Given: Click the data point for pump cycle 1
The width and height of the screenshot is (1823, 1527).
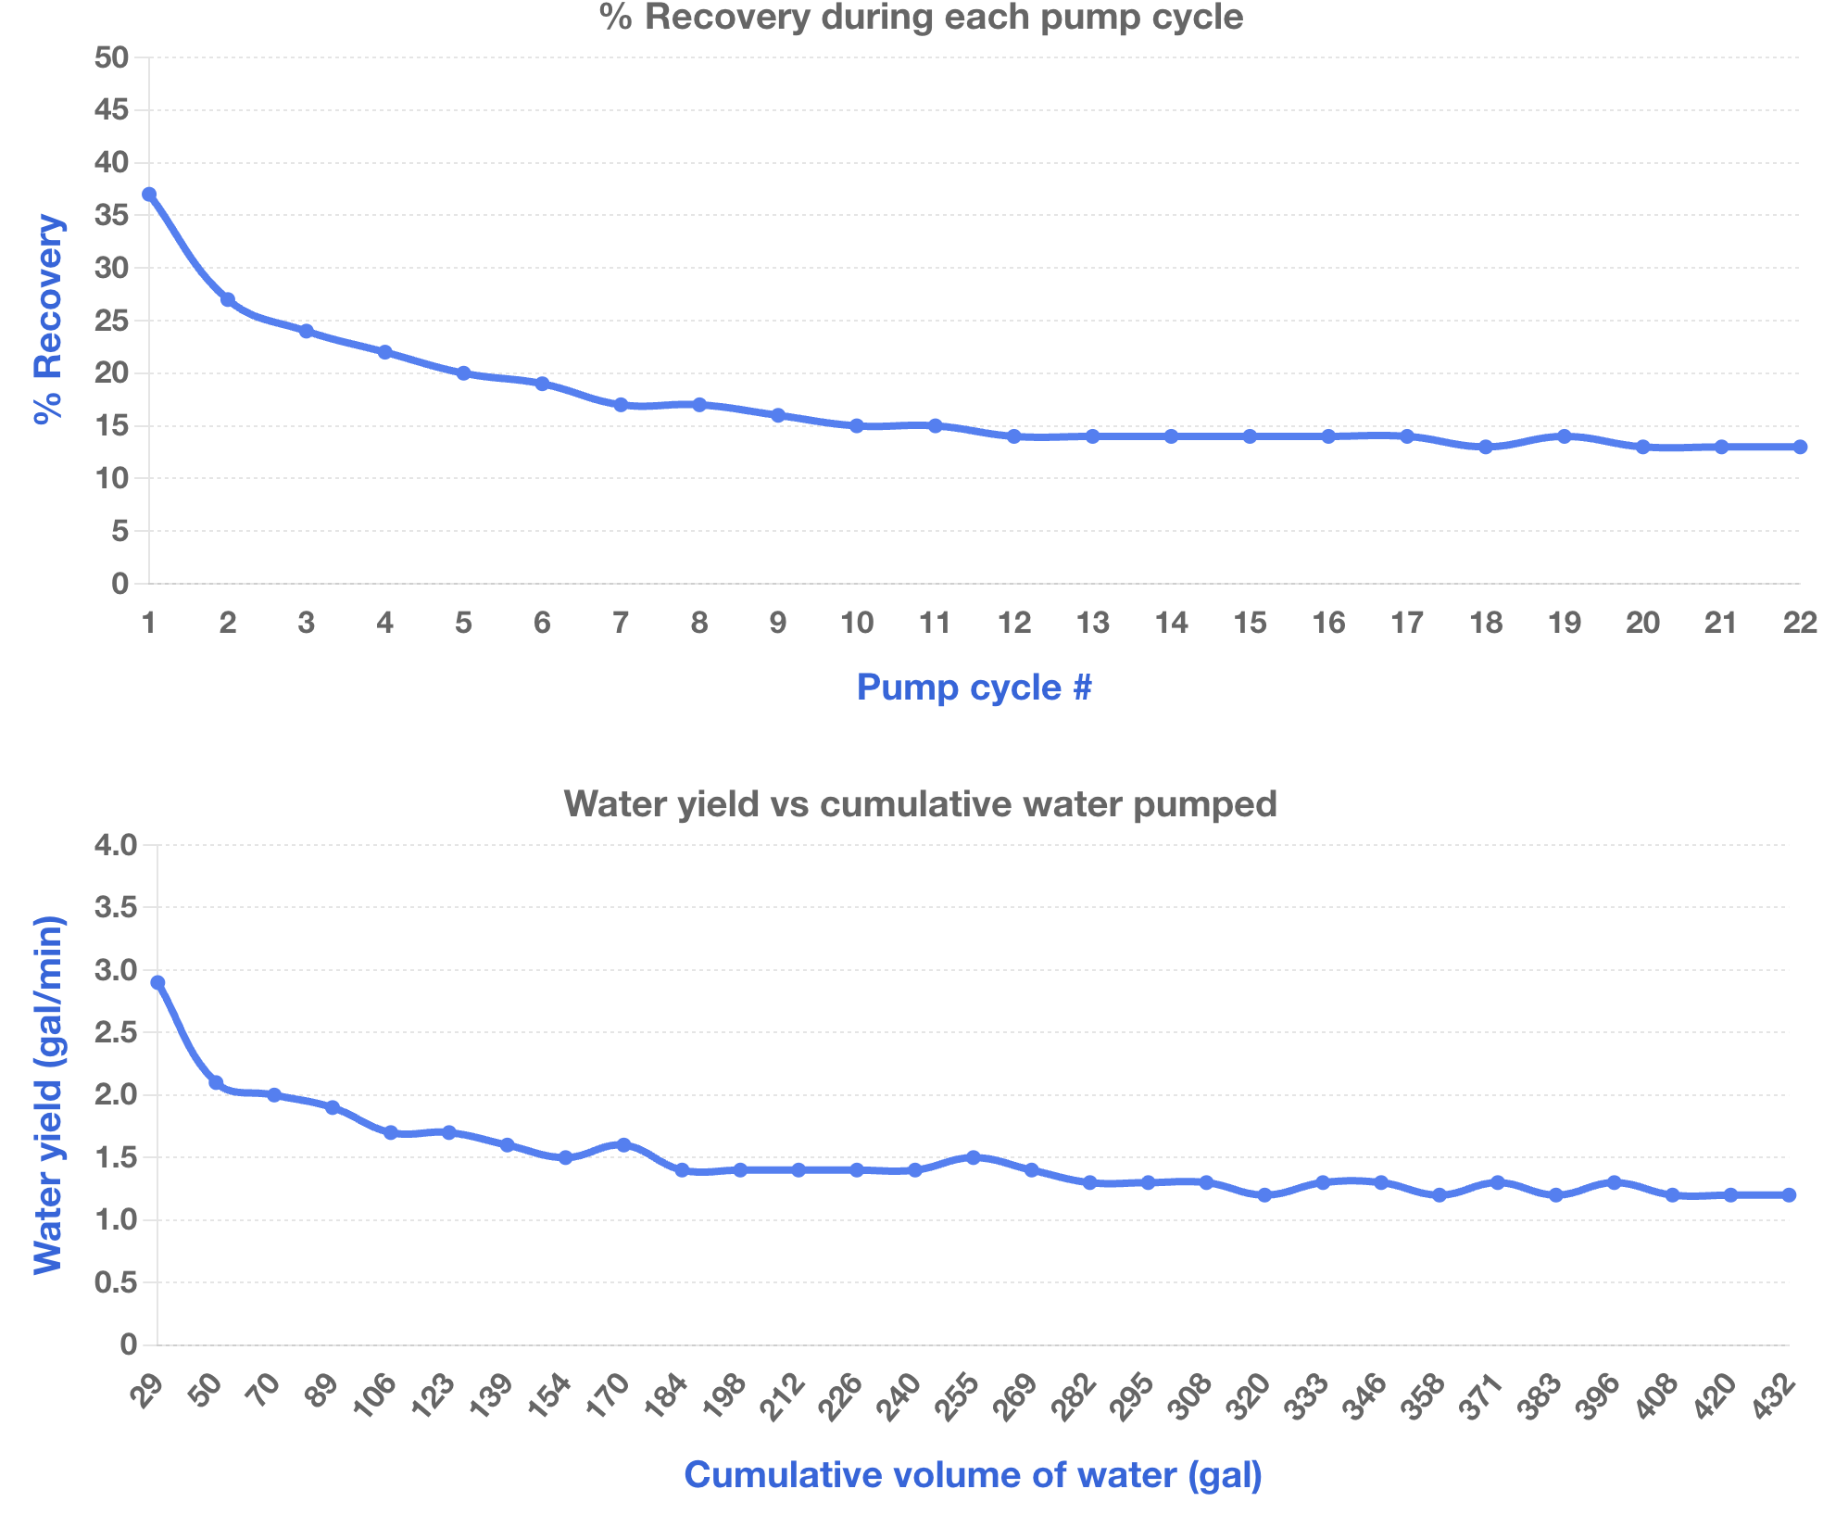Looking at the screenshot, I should point(149,195).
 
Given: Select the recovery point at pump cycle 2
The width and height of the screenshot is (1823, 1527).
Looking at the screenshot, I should point(228,300).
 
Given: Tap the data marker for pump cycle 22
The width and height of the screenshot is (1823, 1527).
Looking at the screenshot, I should point(1800,447).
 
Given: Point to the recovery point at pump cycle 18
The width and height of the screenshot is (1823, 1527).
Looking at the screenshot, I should point(1486,447).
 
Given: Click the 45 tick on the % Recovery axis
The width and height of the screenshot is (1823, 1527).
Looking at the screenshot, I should point(111,110).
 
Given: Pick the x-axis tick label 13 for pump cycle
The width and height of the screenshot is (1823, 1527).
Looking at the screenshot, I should point(1093,623).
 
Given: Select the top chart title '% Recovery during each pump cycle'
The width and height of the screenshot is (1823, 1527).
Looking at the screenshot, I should point(922,17).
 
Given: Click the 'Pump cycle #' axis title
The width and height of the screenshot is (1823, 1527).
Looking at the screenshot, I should point(974,688).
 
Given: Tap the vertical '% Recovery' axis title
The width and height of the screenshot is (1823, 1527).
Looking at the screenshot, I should point(48,320).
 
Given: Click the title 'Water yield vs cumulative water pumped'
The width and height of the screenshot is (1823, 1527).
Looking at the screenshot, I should point(920,803).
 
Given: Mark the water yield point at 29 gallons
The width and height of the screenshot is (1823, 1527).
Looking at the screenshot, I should point(157,982).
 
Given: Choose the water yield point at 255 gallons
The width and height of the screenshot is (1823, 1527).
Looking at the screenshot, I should point(973,1157).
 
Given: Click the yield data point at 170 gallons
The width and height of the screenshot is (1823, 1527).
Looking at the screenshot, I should point(623,1145).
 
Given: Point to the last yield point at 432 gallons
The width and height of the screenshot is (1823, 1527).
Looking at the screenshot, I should point(1789,1195).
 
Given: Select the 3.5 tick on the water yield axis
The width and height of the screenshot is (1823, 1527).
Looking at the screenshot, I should point(116,907).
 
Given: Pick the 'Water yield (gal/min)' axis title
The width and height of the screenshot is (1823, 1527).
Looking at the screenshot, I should point(48,1094).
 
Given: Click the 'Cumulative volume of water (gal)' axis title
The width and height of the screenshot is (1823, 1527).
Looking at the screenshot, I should point(973,1475).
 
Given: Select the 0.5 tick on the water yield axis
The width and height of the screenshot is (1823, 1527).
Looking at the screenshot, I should point(116,1282).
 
